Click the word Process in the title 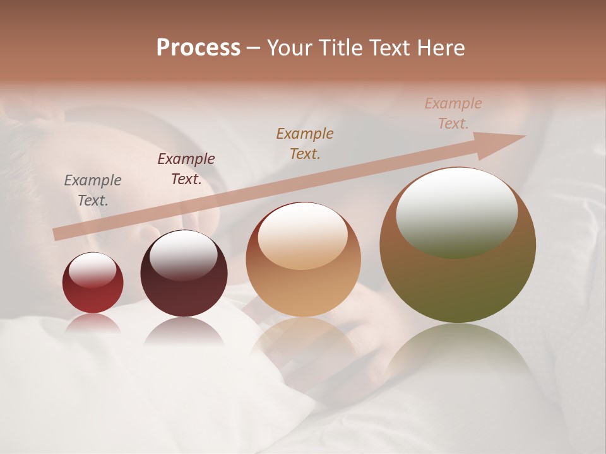(x=198, y=47)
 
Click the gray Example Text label (x=93, y=190)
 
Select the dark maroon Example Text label (x=186, y=169)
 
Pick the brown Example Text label (x=305, y=143)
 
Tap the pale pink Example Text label (x=453, y=113)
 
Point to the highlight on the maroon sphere (x=184, y=255)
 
